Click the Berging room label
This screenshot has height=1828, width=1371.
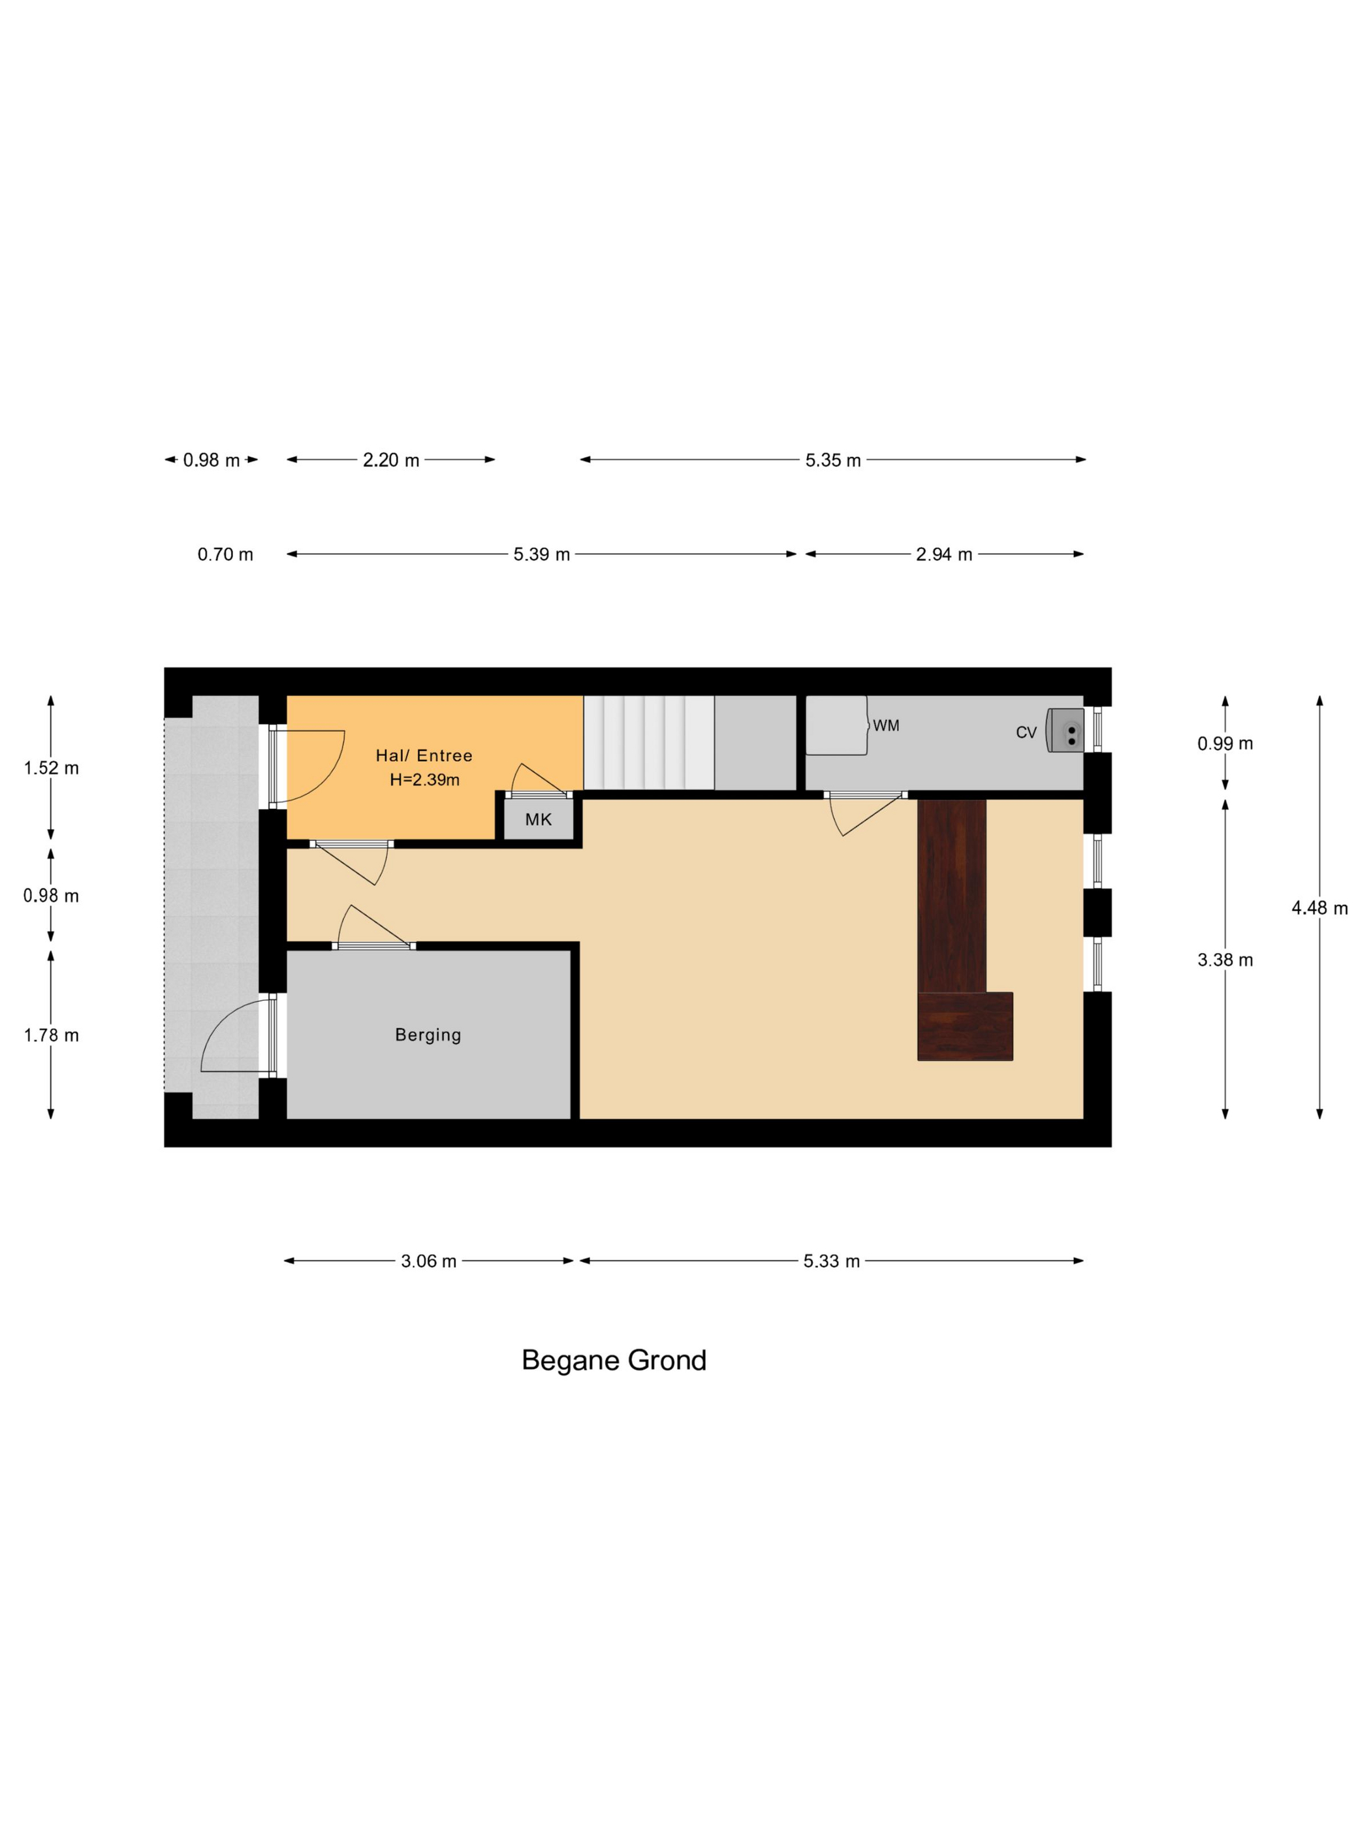coord(428,1035)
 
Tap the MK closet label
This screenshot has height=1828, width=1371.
coord(538,820)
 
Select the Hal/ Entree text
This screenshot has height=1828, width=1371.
coord(424,755)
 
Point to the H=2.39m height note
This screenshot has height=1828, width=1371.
coord(425,780)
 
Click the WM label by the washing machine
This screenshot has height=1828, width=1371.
coord(886,725)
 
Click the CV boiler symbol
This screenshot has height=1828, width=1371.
coord(1065,730)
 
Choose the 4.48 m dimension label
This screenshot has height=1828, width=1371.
coord(1320,908)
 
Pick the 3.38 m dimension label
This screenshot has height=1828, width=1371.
coord(1225,960)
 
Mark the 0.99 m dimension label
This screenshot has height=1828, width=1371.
coord(1225,743)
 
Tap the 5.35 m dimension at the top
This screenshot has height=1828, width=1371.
coord(833,460)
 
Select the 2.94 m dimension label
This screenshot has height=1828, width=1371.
coord(944,554)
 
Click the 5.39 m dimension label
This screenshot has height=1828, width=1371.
coord(541,554)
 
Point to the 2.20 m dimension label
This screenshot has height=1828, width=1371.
coord(391,460)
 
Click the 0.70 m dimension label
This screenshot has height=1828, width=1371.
coord(226,554)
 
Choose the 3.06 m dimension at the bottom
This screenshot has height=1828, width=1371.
coord(429,1261)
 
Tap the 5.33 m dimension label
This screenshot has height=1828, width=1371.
coord(831,1261)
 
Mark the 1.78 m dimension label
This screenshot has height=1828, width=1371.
coord(51,1035)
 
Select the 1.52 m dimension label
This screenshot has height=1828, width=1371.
coord(51,768)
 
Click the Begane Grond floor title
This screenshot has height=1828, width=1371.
coord(614,1361)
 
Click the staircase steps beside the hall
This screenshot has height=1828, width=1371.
coord(649,743)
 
